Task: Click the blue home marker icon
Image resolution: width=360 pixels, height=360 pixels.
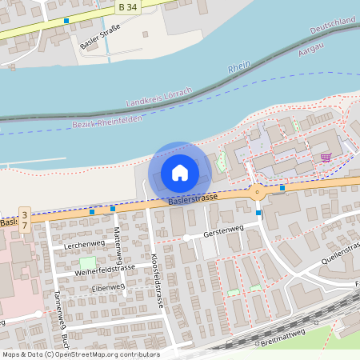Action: tap(180, 172)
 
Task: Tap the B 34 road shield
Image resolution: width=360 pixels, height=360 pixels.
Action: tap(126, 7)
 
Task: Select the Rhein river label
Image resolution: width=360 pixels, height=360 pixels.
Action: tap(239, 68)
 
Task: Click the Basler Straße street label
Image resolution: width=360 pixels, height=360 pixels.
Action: tap(100, 37)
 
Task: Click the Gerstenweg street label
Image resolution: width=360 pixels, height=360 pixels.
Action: tap(223, 231)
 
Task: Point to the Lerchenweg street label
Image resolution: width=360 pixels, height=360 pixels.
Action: tap(85, 243)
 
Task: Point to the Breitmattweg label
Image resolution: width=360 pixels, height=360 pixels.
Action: tap(283, 338)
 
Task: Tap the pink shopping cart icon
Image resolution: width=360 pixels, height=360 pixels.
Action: tap(326, 158)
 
